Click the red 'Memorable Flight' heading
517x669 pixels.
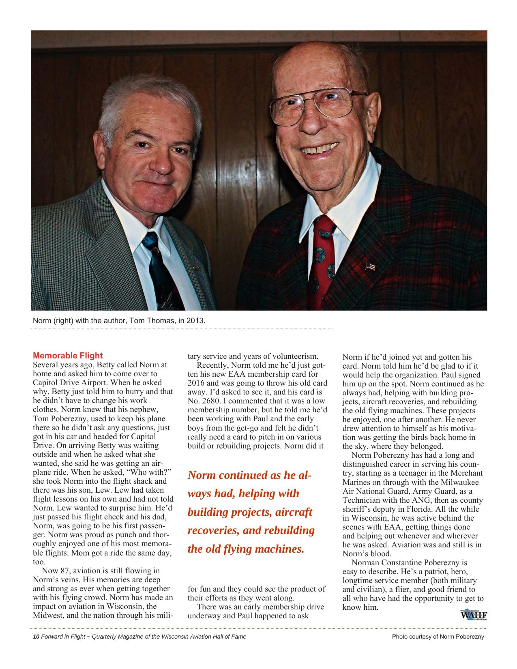(x=68, y=356)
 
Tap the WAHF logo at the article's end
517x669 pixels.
(x=474, y=615)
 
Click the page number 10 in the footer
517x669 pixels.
(x=36, y=637)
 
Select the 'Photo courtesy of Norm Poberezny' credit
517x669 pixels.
(x=438, y=637)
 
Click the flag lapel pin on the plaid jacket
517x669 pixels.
(x=370, y=266)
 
